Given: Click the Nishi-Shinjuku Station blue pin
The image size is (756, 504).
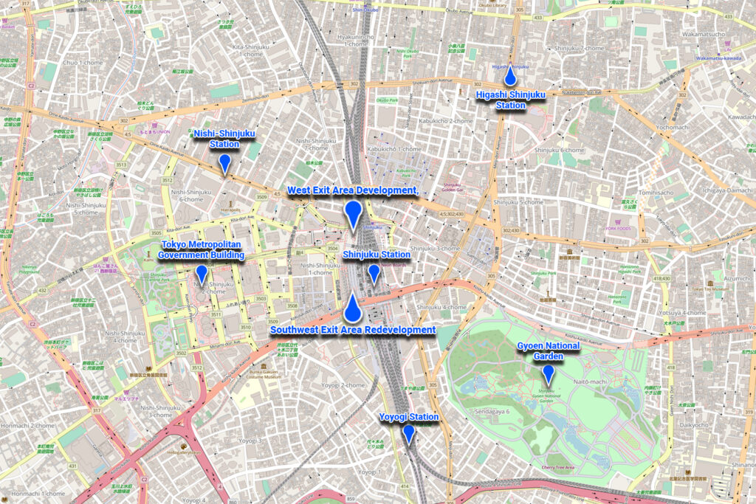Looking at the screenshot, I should click(224, 163).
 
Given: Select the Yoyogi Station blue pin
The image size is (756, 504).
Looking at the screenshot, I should click(408, 434).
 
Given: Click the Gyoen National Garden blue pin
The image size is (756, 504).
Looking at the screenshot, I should click(549, 373).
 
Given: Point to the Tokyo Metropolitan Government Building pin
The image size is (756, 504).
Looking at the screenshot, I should click(201, 275).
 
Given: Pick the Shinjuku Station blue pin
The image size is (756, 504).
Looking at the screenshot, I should click(374, 273).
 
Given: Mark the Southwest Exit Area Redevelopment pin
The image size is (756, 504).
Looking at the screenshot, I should click(354, 308).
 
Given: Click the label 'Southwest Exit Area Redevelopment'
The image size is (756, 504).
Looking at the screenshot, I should click(353, 329).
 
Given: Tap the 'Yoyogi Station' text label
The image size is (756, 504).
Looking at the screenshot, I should click(409, 417).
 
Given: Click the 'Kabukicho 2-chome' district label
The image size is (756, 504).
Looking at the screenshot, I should click(445, 120).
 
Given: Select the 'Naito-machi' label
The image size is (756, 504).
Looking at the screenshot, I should click(589, 382).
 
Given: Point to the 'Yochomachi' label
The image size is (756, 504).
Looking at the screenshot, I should click(672, 127).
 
